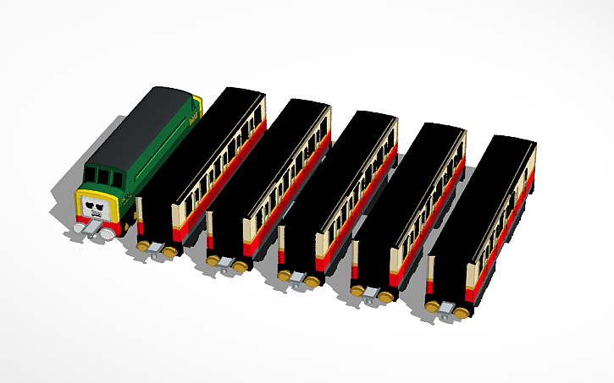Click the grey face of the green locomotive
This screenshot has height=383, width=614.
click(x=95, y=208)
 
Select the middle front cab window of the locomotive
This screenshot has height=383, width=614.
click(x=102, y=177)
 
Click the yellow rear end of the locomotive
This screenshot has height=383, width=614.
click(x=198, y=107)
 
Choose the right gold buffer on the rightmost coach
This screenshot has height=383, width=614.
click(x=462, y=313)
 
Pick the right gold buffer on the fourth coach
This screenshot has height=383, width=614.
click(x=386, y=297)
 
